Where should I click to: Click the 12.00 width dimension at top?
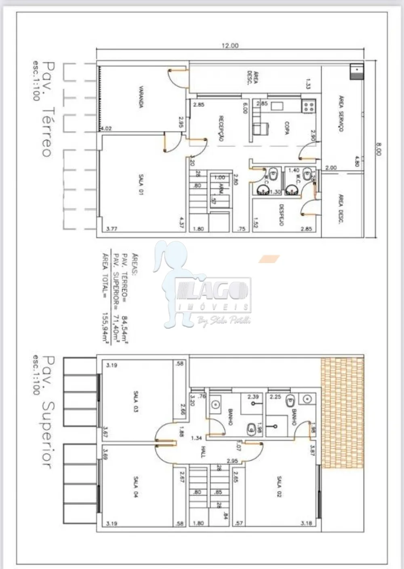click(229, 46)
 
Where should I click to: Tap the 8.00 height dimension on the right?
click(378, 148)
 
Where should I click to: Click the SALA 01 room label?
click(141, 185)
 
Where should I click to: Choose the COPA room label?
click(286, 128)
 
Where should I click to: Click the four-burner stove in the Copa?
click(309, 106)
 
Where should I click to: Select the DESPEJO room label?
click(281, 214)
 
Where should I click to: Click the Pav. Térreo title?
click(47, 109)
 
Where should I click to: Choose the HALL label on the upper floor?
click(203, 452)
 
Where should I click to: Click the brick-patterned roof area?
click(342, 413)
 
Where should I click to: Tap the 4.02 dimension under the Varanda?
click(106, 129)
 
